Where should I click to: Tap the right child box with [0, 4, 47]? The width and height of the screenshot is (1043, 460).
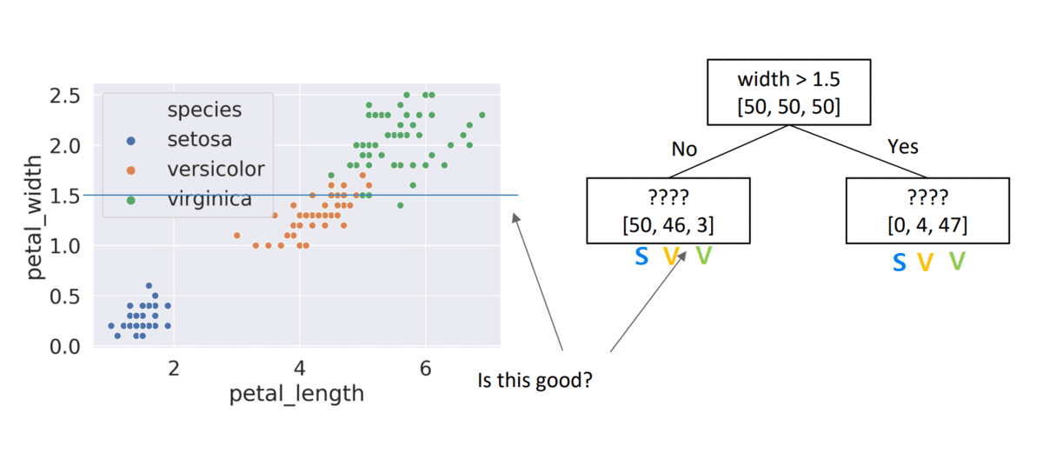(x=927, y=210)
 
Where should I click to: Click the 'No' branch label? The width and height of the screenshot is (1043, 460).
(x=684, y=149)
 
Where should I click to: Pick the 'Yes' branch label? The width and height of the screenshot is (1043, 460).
(x=902, y=146)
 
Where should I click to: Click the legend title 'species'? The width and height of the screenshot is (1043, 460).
(x=204, y=110)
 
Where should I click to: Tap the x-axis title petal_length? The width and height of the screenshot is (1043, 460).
(x=296, y=394)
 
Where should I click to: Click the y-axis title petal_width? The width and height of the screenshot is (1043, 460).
(x=35, y=218)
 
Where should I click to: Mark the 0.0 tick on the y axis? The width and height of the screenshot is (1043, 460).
(x=63, y=346)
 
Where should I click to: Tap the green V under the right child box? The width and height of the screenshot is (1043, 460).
(x=957, y=261)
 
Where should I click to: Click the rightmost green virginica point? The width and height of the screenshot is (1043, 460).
(x=482, y=115)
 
